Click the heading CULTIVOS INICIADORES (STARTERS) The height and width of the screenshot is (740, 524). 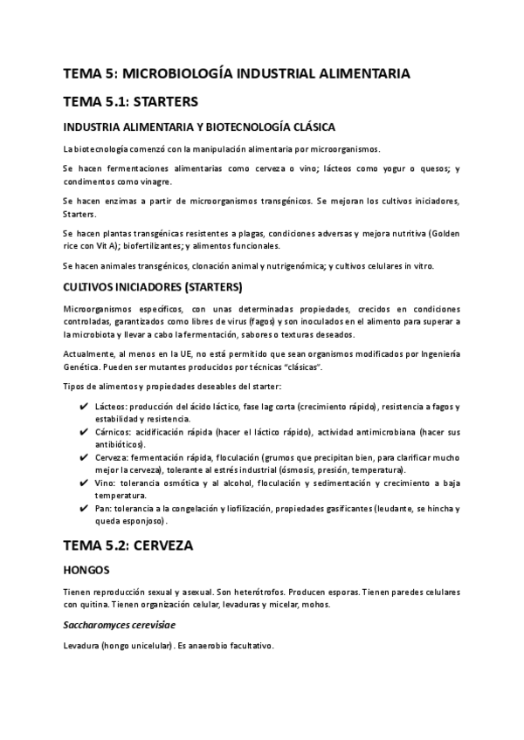pyautogui.click(x=154, y=287)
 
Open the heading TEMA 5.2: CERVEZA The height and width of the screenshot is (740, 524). pyautogui.click(x=128, y=546)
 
